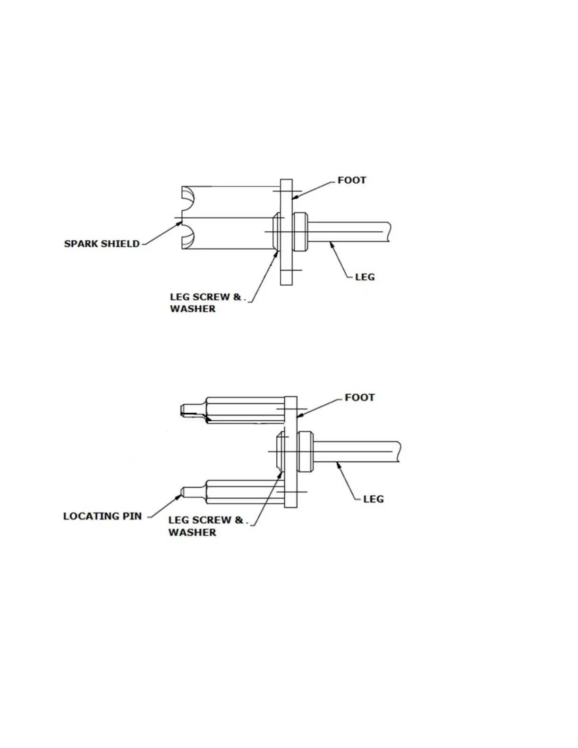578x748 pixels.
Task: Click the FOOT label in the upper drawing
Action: click(351, 180)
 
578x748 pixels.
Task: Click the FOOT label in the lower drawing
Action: click(359, 398)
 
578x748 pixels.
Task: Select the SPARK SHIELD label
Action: click(102, 244)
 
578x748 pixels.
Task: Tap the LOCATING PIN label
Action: click(102, 516)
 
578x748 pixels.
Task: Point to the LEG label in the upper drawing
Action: click(365, 277)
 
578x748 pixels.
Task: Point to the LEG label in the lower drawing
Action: click(373, 499)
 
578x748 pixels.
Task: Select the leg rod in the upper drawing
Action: click(349, 232)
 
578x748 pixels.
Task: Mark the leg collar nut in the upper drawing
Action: click(301, 232)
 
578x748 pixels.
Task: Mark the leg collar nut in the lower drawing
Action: click(306, 451)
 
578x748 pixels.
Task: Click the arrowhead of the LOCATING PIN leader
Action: click(181, 495)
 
